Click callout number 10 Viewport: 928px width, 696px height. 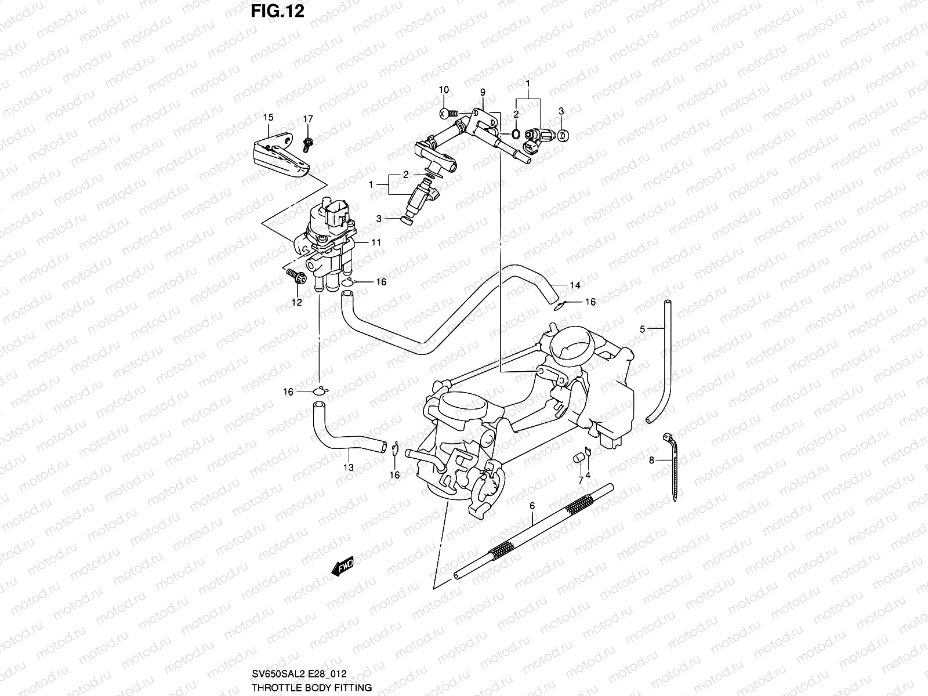tap(444, 90)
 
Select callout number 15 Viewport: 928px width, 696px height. tap(268, 118)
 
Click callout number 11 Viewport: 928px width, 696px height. tap(376, 242)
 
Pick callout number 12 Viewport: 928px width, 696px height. tap(297, 302)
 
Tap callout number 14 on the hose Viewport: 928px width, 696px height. tap(575, 285)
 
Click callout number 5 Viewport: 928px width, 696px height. tap(642, 329)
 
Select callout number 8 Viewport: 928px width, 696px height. tap(651, 461)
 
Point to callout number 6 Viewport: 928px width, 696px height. tap(532, 506)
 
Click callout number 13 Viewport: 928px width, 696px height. tap(348, 467)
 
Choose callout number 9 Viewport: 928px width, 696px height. tap(482, 92)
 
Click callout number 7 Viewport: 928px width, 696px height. tap(579, 480)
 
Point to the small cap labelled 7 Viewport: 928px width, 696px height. tap(578, 459)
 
